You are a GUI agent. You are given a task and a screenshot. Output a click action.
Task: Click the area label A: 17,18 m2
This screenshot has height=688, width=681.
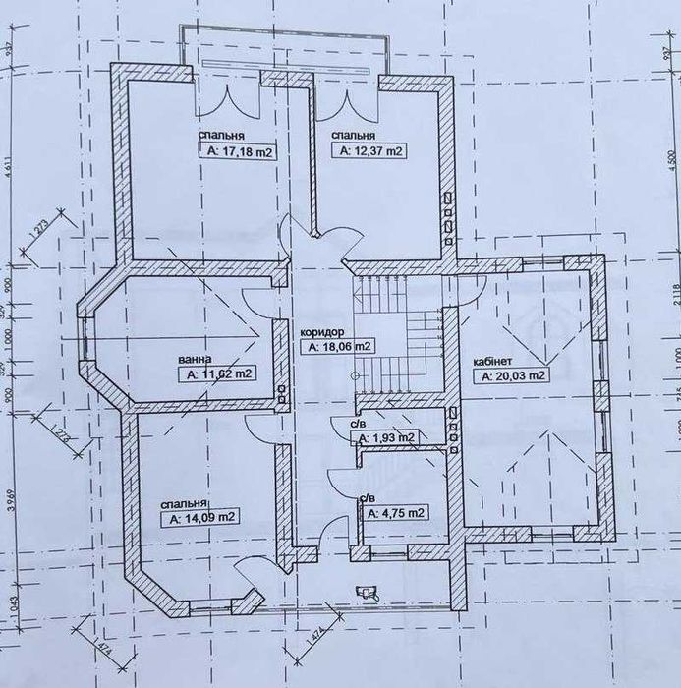[x=239, y=152]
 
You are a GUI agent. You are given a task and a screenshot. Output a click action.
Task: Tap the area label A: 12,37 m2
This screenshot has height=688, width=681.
[x=371, y=151]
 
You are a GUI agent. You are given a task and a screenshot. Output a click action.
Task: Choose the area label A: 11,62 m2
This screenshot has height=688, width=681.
[x=215, y=374]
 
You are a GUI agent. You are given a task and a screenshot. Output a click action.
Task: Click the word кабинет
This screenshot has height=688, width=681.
[x=491, y=360]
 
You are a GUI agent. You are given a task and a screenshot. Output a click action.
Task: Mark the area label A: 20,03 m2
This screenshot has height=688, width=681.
[x=512, y=375]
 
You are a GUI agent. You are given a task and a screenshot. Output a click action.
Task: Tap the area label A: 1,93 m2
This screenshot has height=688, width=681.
[x=386, y=437]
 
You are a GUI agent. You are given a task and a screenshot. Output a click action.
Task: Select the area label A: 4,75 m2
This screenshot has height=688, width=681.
[x=396, y=513]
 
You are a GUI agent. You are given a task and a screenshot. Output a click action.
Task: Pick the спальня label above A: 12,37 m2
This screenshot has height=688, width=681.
[x=353, y=136]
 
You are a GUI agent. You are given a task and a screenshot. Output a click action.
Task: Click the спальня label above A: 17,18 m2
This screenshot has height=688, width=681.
[x=221, y=136]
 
